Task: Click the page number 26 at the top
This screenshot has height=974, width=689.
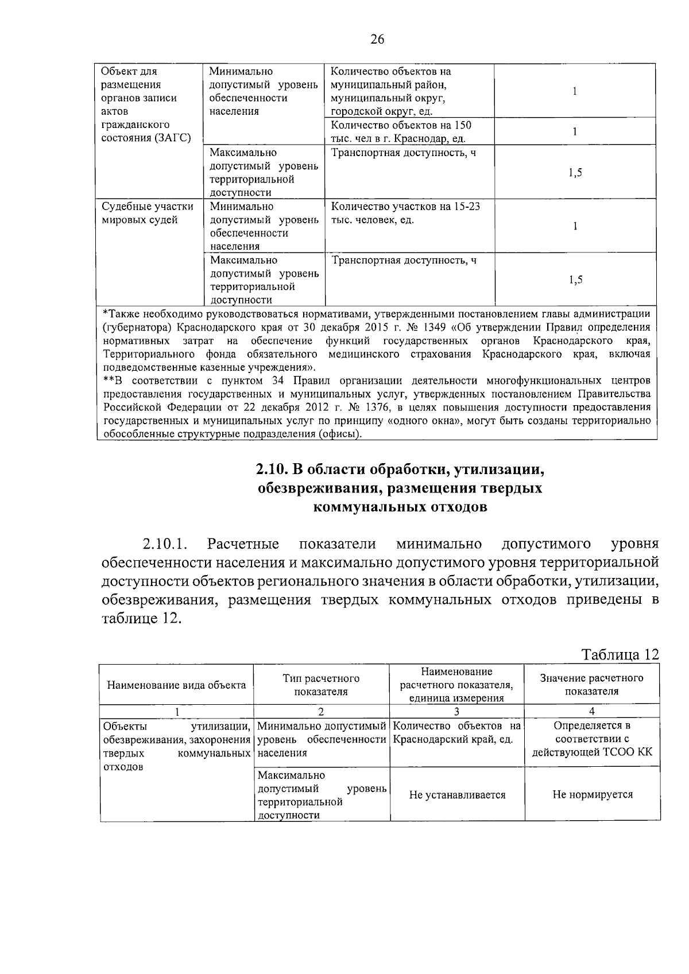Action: [x=377, y=39]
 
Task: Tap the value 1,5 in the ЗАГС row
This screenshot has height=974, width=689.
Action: [x=575, y=173]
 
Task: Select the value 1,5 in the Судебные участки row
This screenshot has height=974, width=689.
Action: [x=575, y=280]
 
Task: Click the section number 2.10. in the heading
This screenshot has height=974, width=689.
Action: [x=272, y=469]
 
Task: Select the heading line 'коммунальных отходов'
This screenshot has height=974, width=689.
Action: [x=400, y=507]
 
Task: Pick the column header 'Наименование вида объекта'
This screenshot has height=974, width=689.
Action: [x=176, y=685]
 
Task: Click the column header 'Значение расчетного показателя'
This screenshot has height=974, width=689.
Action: [x=591, y=685]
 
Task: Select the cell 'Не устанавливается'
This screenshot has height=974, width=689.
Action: [x=457, y=795]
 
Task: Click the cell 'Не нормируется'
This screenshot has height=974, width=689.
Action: [x=593, y=795]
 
